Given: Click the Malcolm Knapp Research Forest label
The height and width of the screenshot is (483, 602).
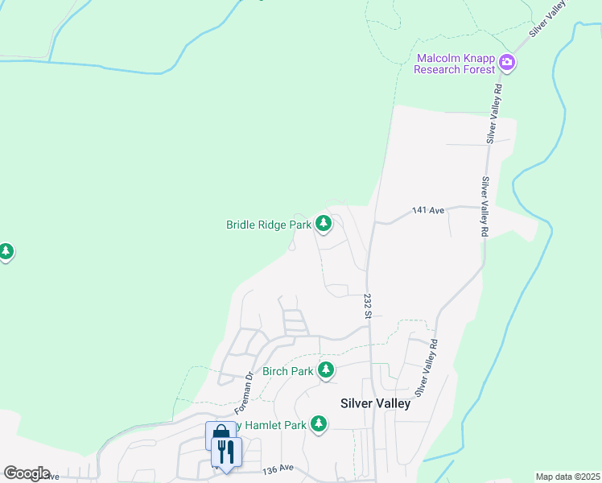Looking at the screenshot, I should coord(456,64).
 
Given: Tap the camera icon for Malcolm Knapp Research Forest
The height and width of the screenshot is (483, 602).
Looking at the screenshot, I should coord(507,62).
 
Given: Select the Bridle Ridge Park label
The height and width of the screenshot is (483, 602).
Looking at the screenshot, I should coord(269,225).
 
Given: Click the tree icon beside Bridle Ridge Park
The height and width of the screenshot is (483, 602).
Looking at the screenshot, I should coord(324,223).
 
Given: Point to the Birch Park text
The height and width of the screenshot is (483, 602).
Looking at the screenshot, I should coord(287,371).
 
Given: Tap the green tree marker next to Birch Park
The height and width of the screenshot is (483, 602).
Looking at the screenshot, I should coord(326,370).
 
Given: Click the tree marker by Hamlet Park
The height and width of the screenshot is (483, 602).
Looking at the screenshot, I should coord(320,423).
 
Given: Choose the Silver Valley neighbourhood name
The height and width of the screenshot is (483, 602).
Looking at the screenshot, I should coord(375,403).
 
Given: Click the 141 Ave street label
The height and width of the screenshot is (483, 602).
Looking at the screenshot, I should coord(427,211).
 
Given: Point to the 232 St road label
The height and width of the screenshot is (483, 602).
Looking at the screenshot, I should coord(366,304).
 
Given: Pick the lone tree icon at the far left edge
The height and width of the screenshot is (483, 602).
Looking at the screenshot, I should coord(6,252).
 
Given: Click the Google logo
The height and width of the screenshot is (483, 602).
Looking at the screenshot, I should coord(27,473).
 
